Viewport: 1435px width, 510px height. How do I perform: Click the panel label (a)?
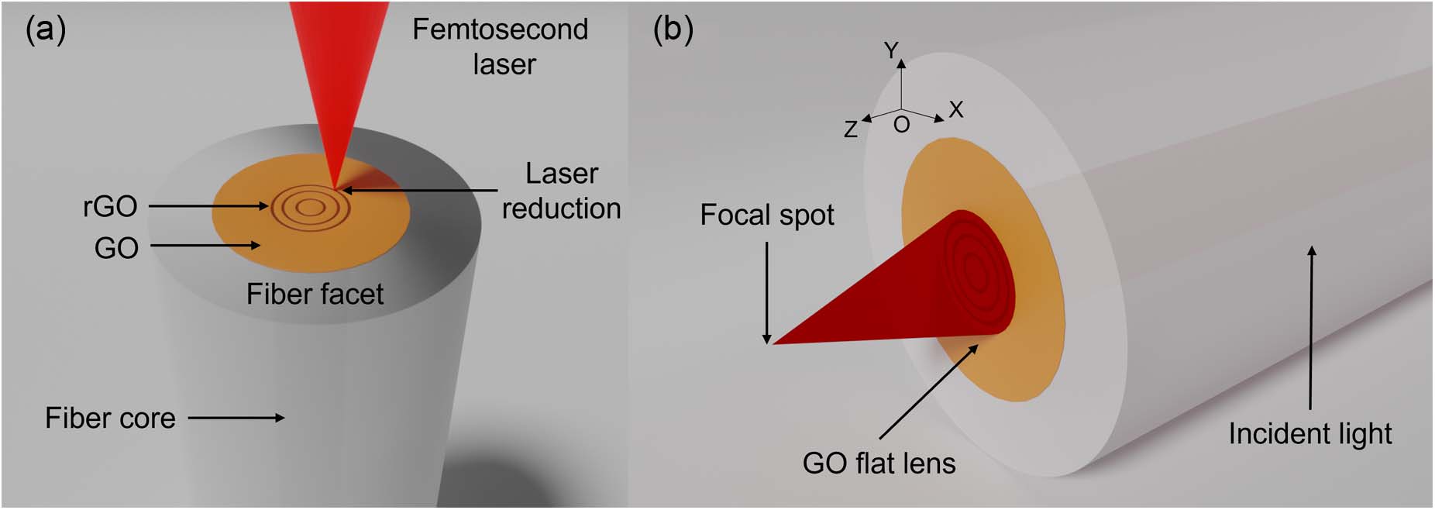click(46, 31)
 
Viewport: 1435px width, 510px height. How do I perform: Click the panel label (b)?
click(673, 31)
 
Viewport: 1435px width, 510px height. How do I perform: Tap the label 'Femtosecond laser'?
click(501, 47)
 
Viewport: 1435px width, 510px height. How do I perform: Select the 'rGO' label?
click(110, 207)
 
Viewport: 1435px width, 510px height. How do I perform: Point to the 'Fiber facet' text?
click(315, 295)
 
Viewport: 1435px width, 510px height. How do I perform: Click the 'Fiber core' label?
click(110, 419)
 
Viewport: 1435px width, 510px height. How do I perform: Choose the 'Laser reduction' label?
click(561, 191)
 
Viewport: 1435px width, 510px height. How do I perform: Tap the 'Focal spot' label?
click(766, 215)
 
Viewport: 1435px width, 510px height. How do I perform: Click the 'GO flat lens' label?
click(879, 463)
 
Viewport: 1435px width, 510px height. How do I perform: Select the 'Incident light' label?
click(1309, 434)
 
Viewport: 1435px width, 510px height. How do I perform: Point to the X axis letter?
click(956, 110)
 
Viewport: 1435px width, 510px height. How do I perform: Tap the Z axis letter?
click(851, 129)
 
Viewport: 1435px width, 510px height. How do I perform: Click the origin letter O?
click(901, 125)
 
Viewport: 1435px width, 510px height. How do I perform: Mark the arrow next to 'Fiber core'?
click(236, 418)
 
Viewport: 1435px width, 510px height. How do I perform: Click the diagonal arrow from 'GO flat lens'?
click(928, 392)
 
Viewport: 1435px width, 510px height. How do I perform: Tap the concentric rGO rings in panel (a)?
click(310, 207)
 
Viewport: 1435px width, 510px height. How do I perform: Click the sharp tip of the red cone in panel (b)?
click(773, 343)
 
